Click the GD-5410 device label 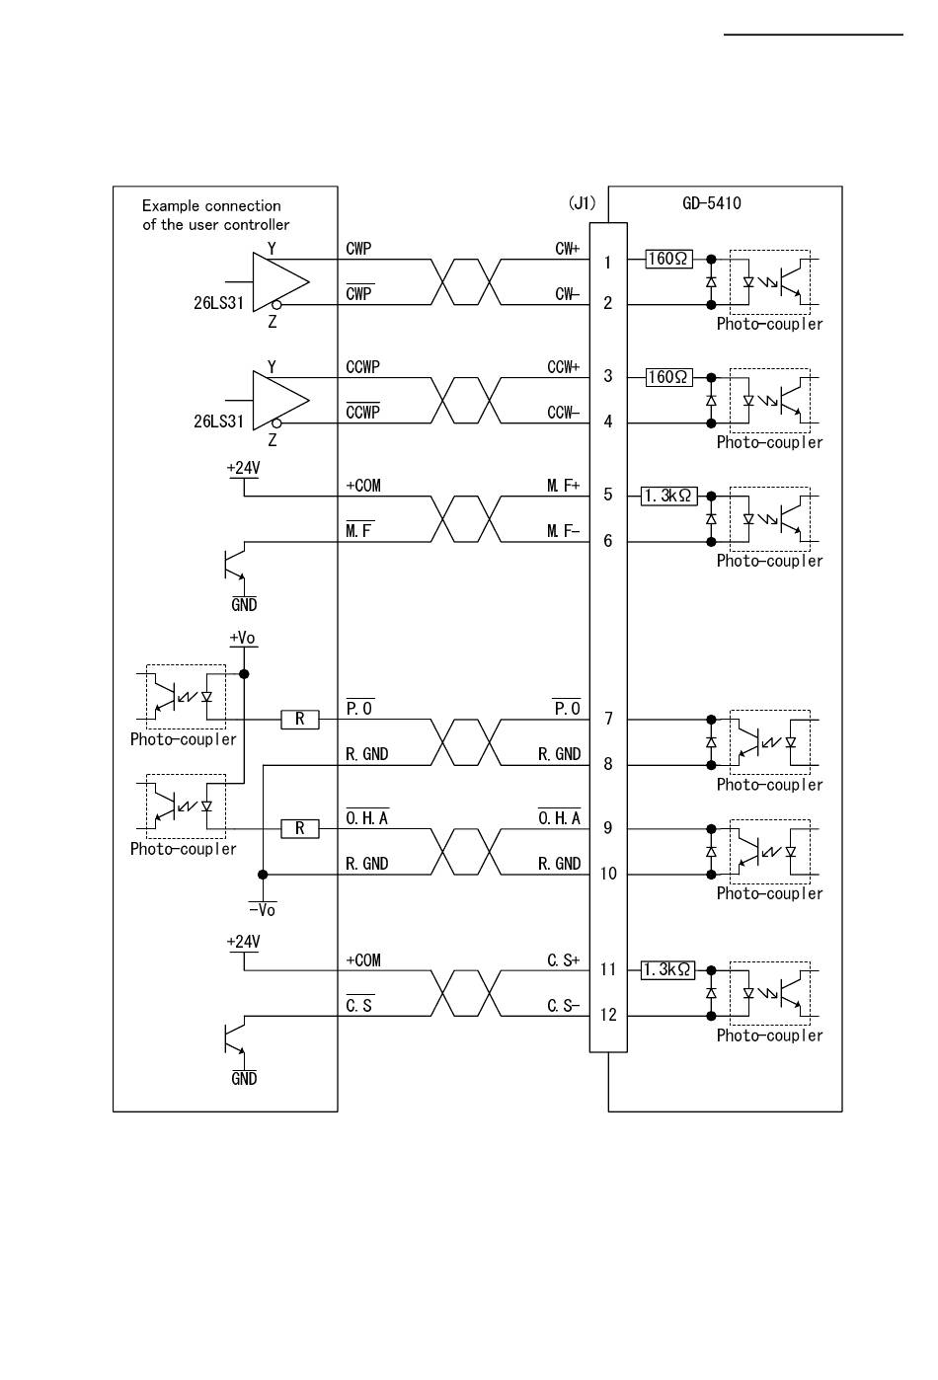[x=711, y=203]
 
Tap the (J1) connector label [x=583, y=203]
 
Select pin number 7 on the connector [x=608, y=719]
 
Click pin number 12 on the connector [x=608, y=1015]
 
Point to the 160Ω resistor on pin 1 [x=668, y=259]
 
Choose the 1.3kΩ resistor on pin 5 [x=668, y=496]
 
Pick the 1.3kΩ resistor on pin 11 [x=668, y=970]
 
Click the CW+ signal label [x=567, y=249]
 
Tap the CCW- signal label [x=563, y=413]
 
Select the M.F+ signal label [x=563, y=486]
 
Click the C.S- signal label [x=563, y=1006]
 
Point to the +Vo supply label [x=242, y=638]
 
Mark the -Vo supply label [x=262, y=909]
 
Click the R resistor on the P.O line [x=300, y=720]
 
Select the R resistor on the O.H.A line [x=300, y=829]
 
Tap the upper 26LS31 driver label [x=218, y=303]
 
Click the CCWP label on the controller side [x=362, y=367]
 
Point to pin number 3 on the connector [x=608, y=376]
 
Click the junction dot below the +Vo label [x=244, y=674]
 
